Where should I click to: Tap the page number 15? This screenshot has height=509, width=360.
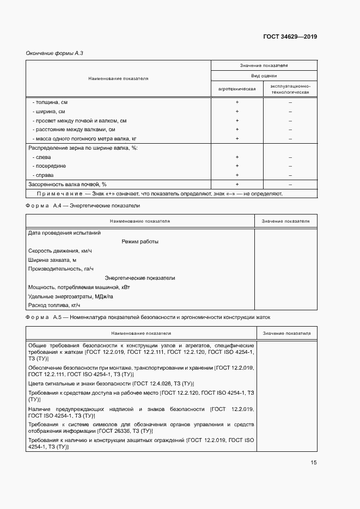pyautogui.click(x=314, y=463)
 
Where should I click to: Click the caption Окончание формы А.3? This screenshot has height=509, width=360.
pyautogui.click(x=54, y=53)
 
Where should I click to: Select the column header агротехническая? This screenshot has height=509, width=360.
pyautogui.click(x=237, y=88)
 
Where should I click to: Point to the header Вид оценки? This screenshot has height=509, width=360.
pyautogui.click(x=264, y=76)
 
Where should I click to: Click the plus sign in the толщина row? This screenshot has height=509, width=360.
pyautogui.click(x=237, y=102)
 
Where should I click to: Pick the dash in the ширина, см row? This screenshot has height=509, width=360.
pyautogui.click(x=290, y=112)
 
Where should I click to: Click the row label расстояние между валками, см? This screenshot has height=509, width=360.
pyautogui.click(x=74, y=130)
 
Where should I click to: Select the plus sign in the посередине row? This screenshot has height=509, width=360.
pyautogui.click(x=237, y=166)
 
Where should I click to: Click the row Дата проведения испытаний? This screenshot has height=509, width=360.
pyautogui.click(x=58, y=233)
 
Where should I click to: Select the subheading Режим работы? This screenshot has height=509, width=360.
pyautogui.click(x=140, y=242)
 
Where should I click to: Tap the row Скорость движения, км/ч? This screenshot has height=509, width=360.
pyautogui.click(x=60, y=251)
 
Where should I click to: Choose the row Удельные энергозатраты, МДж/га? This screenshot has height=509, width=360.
pyautogui.click(x=70, y=296)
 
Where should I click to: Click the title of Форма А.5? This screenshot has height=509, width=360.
pyautogui.click(x=147, y=317)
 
